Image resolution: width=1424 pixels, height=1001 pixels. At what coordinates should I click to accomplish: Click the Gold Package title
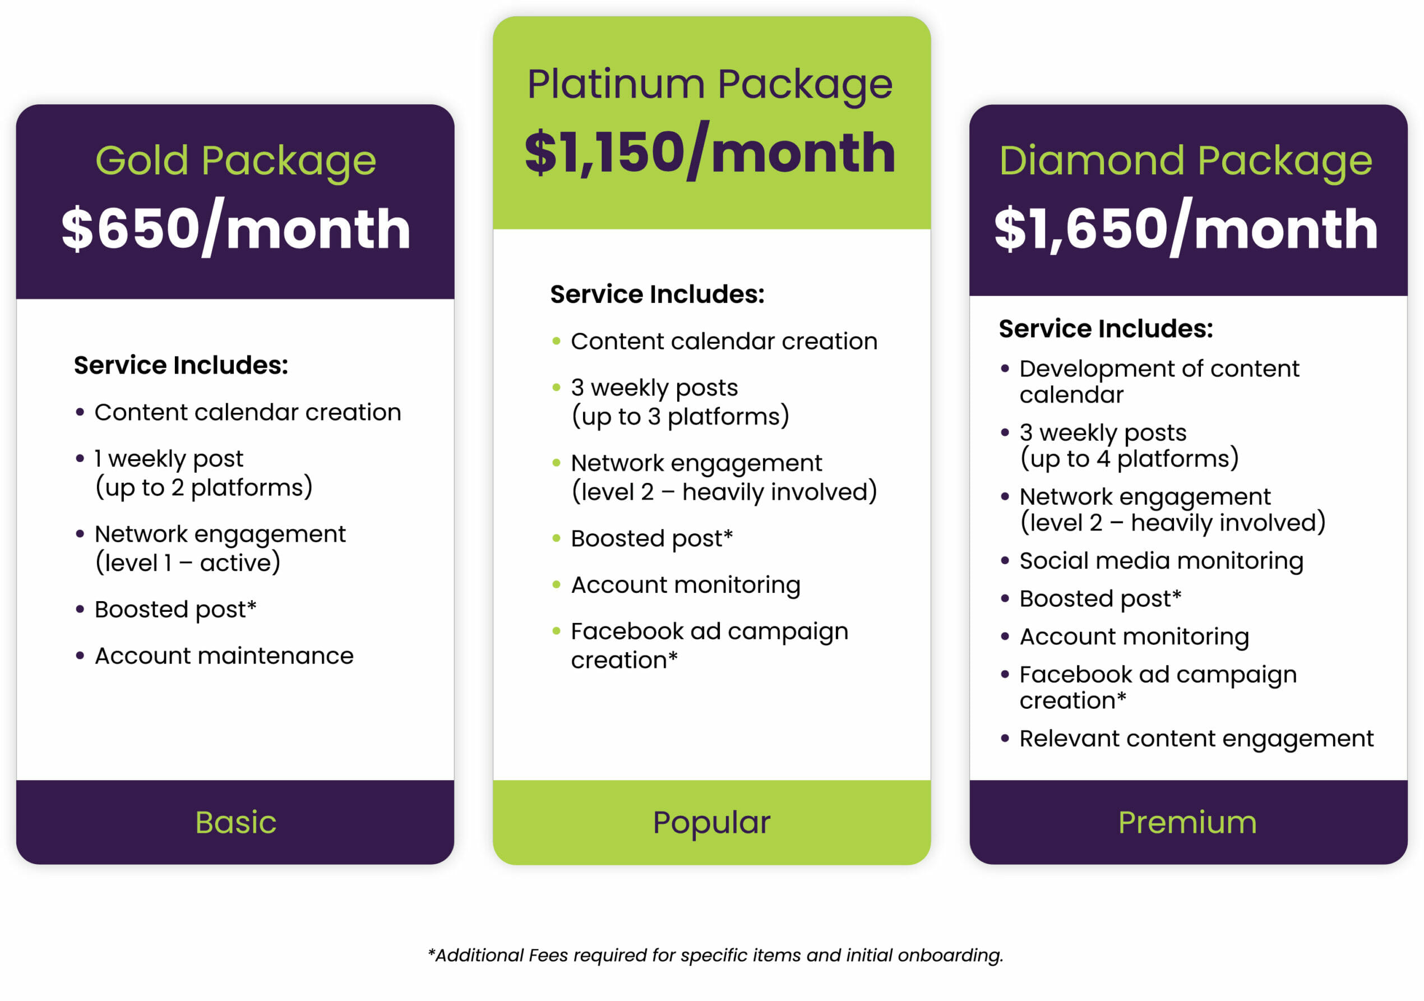[235, 162]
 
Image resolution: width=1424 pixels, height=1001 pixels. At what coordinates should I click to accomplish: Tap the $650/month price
[235, 228]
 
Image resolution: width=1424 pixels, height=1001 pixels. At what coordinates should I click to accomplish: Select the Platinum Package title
[710, 85]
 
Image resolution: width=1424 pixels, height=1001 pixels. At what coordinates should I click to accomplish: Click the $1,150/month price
[710, 152]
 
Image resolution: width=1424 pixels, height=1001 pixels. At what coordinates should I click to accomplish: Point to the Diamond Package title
[1185, 162]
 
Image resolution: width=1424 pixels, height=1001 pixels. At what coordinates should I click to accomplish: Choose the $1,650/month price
[1186, 228]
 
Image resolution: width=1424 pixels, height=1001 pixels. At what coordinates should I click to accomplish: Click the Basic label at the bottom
[235, 822]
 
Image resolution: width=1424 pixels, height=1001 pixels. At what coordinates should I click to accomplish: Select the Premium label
[1187, 822]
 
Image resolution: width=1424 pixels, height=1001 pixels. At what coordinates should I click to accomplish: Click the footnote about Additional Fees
[715, 955]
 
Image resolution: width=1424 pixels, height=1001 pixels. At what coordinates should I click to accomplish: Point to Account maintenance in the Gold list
[224, 656]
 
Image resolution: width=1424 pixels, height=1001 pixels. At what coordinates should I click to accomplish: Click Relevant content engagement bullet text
[1196, 739]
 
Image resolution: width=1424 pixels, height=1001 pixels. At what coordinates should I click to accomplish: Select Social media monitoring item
[1161, 561]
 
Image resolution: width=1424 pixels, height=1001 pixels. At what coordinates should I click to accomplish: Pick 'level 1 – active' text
[188, 563]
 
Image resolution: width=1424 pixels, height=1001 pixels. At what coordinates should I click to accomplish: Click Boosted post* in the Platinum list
[652, 539]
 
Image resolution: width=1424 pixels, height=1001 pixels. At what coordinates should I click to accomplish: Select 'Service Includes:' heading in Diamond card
[1105, 329]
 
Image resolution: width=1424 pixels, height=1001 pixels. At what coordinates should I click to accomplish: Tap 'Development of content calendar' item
[1159, 381]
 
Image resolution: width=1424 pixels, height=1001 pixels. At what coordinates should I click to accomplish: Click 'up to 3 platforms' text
[681, 417]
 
